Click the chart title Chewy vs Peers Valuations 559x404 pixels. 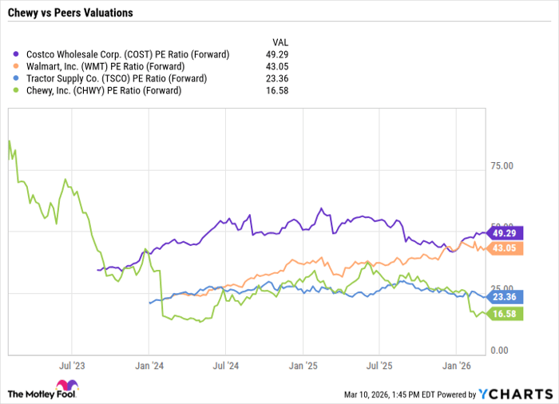tap(71, 14)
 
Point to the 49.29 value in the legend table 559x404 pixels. tap(276, 54)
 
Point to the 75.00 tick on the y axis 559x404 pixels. tap(502, 165)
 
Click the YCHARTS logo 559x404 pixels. tap(515, 393)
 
